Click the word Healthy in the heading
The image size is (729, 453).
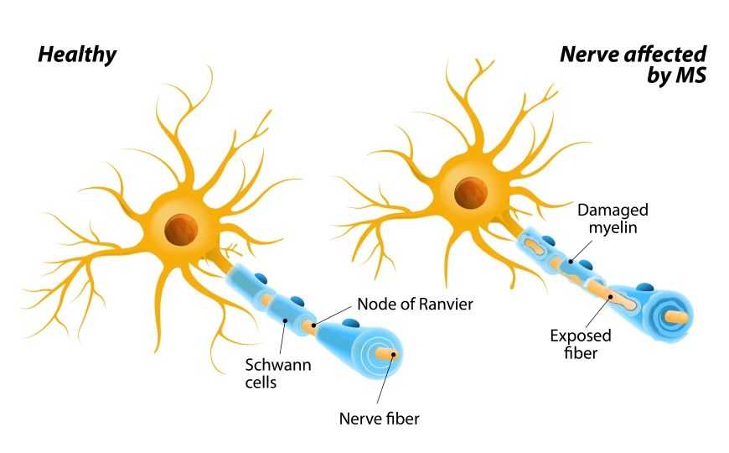point(77,55)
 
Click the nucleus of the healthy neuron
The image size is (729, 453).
point(181,231)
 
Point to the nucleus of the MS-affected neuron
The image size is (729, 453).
point(471,193)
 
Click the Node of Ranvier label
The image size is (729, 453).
point(415,304)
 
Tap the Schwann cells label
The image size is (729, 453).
point(278,373)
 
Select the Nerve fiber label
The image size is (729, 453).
point(379,419)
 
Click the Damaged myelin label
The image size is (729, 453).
point(613,218)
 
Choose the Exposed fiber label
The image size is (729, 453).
point(581,344)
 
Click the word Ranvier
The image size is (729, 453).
point(446,304)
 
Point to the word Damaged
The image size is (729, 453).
point(613,211)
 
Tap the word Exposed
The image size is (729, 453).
point(581,336)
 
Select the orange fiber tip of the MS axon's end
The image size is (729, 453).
point(677,317)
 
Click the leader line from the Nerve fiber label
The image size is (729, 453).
point(385,378)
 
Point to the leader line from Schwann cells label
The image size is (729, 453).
point(282,337)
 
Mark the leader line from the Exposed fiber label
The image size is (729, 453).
point(598,312)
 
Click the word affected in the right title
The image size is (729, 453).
point(666,54)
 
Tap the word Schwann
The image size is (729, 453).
point(278,365)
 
